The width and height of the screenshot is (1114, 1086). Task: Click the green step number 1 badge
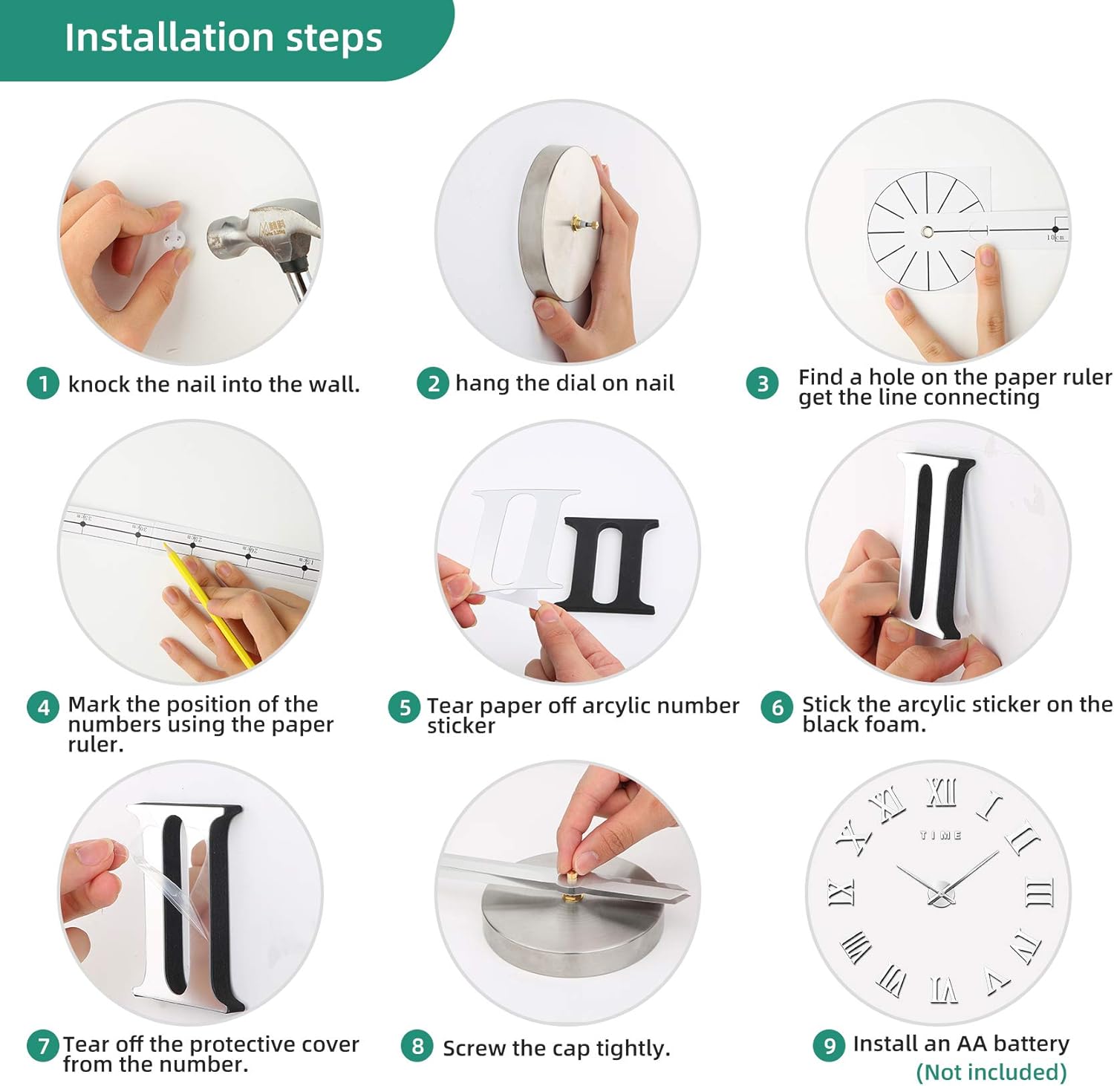43,383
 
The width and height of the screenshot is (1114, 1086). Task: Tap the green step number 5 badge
405,707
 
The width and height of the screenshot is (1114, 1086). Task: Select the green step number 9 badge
830,1046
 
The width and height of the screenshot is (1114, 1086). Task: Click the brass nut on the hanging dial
576,221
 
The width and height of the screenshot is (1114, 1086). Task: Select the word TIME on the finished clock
941,835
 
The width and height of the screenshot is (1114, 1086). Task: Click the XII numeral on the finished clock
941,793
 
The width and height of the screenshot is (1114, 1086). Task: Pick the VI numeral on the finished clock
944,989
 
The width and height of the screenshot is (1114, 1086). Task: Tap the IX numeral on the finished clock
842,891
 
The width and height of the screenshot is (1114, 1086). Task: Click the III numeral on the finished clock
1040,891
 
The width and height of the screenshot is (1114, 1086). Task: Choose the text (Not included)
991,1072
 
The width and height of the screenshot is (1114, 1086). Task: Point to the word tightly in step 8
633,1049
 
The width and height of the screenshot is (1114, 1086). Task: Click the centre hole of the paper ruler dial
927,232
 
